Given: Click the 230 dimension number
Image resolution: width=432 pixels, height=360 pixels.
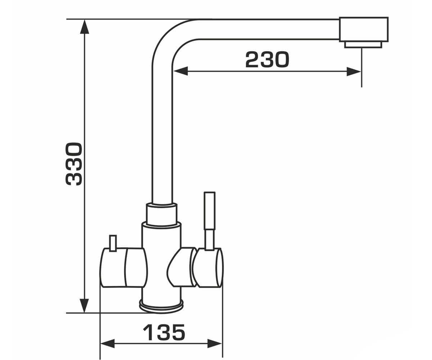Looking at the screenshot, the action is click(267, 60).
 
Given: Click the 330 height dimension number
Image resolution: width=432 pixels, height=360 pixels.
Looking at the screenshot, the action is click(74, 164).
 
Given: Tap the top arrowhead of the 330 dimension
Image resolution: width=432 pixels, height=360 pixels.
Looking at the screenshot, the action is click(84, 27).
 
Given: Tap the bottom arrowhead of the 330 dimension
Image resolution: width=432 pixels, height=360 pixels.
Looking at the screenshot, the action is click(84, 305).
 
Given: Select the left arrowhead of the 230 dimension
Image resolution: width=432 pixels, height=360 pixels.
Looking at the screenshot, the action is click(180, 71).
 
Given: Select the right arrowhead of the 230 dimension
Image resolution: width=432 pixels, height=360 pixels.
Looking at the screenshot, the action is click(354, 71).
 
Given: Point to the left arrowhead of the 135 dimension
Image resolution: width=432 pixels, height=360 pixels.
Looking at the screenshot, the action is click(107, 343).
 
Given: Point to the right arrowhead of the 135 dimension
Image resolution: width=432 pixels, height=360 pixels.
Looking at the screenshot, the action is click(215, 343).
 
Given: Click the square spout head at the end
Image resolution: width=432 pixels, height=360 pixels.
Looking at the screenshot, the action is click(364, 30).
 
